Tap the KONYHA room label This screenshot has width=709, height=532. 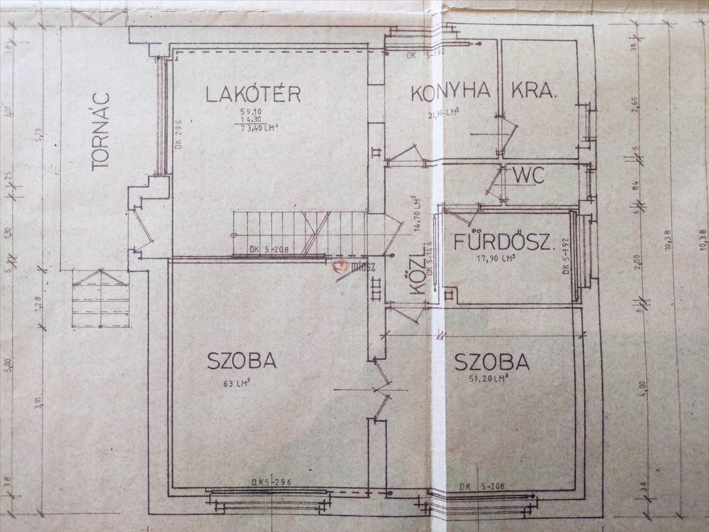[451, 92]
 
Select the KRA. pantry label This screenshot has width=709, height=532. [534, 92]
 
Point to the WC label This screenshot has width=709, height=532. [528, 175]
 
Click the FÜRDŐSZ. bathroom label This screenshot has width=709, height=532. [504, 243]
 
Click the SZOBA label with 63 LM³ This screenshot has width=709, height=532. [242, 361]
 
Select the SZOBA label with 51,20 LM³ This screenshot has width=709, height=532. [492, 361]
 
